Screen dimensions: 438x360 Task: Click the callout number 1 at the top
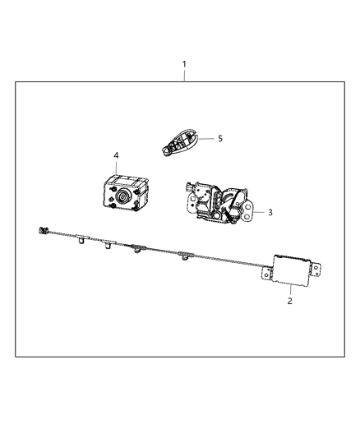click(184, 63)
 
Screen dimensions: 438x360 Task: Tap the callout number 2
click(290, 302)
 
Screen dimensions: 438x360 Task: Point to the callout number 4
click(116, 154)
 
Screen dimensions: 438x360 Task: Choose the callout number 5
click(220, 139)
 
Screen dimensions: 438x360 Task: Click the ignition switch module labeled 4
click(123, 195)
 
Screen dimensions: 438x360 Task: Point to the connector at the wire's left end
click(44, 231)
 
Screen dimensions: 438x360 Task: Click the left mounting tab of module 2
click(266, 271)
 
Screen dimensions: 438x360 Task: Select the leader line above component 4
click(116, 167)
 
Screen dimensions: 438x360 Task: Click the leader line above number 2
click(290, 288)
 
